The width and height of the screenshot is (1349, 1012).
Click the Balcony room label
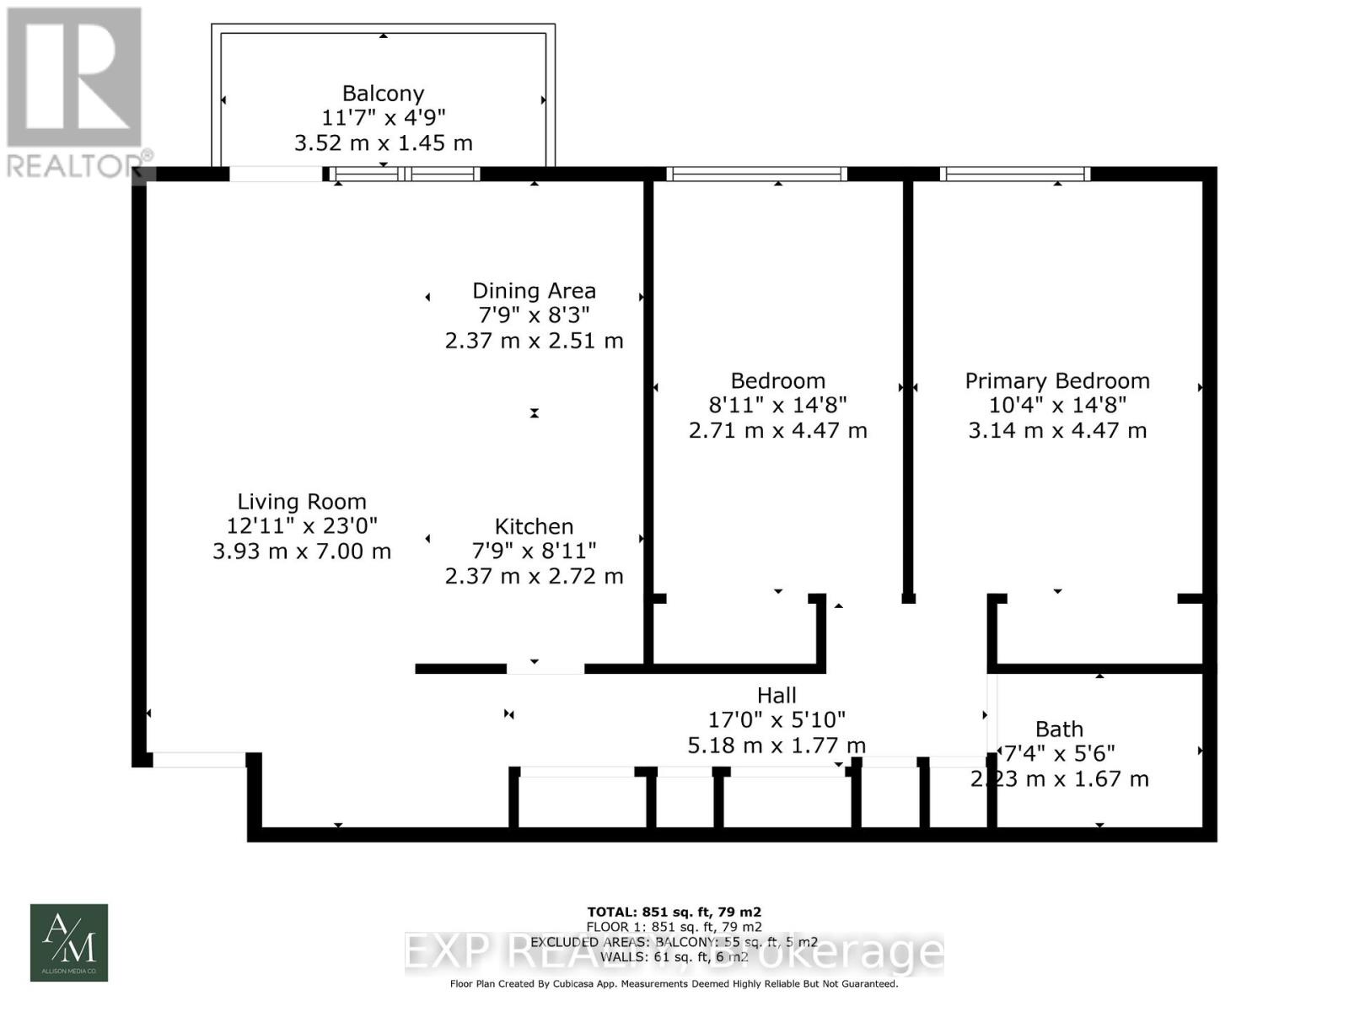coord(383,94)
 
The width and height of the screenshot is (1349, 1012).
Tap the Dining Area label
coord(534,291)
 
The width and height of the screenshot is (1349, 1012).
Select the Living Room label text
coord(302,503)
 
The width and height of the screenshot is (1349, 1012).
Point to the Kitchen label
coord(534,527)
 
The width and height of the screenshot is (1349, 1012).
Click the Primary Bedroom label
coord(1057,381)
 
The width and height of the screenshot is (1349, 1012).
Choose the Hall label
coord(777,696)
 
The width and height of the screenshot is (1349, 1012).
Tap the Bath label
coord(1059,729)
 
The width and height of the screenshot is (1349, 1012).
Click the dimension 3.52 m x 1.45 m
coord(383,143)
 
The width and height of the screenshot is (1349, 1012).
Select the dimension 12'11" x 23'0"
coord(302,526)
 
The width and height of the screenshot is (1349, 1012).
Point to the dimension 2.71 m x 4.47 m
coord(777,431)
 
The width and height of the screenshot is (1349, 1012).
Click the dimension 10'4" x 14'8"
coord(1057,406)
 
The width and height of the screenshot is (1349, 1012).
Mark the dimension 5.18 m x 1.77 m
coord(777,746)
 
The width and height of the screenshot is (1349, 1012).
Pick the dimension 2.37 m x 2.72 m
coord(534,577)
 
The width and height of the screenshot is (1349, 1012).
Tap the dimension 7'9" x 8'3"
coord(534,315)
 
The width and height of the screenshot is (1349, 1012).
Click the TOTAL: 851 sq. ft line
coord(674,912)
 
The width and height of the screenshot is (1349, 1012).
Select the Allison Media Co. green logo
coord(69,943)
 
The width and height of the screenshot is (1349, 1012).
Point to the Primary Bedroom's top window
coord(1015,175)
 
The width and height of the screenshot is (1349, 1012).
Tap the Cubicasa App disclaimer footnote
coord(674,983)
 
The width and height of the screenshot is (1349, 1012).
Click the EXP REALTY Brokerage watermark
coord(674,954)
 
